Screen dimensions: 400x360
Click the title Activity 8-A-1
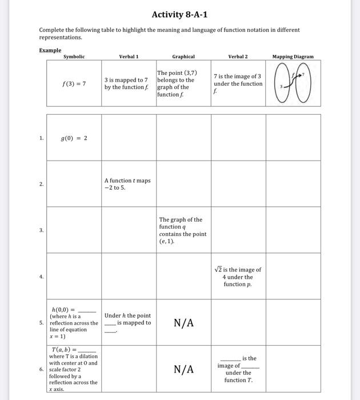pyautogui.click(x=179, y=14)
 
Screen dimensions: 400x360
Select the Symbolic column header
pyautogui.click(x=74, y=57)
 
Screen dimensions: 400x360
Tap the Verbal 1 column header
pyautogui.click(x=129, y=57)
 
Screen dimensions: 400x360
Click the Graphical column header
pyautogui.click(x=183, y=57)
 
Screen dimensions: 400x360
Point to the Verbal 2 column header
pyautogui.click(x=238, y=57)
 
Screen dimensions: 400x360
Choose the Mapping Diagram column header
pyautogui.click(x=293, y=57)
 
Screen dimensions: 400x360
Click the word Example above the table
pyautogui.click(x=50, y=50)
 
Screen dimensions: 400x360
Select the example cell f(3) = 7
pyautogui.click(x=74, y=83)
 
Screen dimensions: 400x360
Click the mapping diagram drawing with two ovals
pyautogui.click(x=293, y=84)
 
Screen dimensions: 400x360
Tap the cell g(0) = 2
pyautogui.click(x=74, y=138)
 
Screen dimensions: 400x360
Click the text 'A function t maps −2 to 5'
pyautogui.click(x=127, y=183)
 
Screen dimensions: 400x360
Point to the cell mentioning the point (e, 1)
pyautogui.click(x=183, y=230)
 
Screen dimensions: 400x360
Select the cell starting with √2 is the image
pyautogui.click(x=238, y=277)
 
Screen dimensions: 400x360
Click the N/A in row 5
pyautogui.click(x=183, y=323)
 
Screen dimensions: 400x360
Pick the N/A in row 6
pyautogui.click(x=183, y=369)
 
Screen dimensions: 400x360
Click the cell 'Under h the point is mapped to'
pyautogui.click(x=128, y=323)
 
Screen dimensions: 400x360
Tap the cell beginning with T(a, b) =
pyautogui.click(x=74, y=369)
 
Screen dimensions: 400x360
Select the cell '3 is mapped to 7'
pyautogui.click(x=126, y=83)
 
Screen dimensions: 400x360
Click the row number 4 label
pyautogui.click(x=41, y=277)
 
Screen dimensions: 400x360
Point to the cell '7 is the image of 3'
pyautogui.click(x=238, y=83)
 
